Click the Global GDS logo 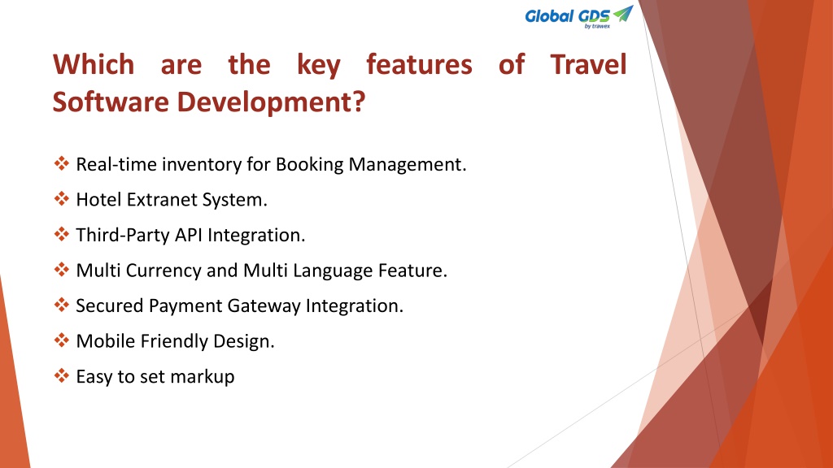click(x=579, y=17)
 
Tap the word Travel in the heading click(x=589, y=65)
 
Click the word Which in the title click(x=94, y=65)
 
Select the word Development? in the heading click(x=271, y=102)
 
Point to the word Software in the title click(x=111, y=102)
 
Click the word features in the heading click(x=419, y=65)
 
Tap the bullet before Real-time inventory click(x=62, y=163)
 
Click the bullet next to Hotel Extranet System click(x=62, y=199)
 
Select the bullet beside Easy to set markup click(x=62, y=375)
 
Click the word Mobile click(x=106, y=341)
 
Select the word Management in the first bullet click(x=408, y=164)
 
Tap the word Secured click(x=110, y=306)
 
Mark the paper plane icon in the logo click(x=623, y=13)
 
